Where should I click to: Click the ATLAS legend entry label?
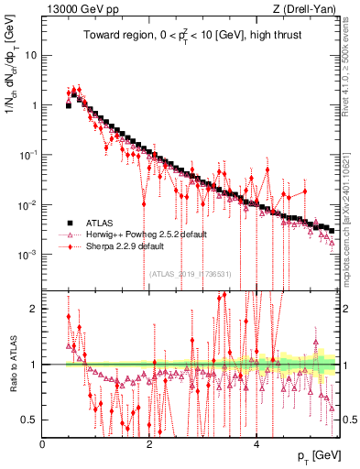99,223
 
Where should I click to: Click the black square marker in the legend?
68,223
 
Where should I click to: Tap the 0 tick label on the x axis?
43,443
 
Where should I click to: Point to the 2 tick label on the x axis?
149,443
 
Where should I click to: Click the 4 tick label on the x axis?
256,443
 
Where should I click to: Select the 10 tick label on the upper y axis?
29,55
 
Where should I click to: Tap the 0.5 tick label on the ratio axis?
29,420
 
